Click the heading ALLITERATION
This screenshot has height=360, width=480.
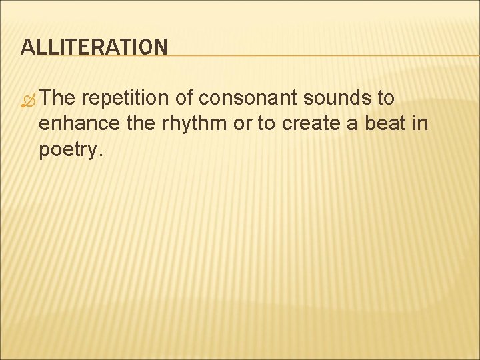94,47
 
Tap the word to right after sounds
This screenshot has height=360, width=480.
386,99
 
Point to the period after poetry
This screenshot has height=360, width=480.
100,155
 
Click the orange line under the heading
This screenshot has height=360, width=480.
320,55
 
